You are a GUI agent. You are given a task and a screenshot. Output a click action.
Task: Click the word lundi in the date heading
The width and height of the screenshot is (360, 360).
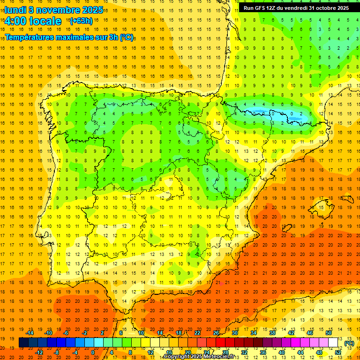pos(15,10)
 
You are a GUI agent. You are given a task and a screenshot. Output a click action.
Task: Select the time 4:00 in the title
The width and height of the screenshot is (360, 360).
pos(15,22)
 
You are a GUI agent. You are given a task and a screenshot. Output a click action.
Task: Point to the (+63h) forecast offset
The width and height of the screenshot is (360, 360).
pos(82,21)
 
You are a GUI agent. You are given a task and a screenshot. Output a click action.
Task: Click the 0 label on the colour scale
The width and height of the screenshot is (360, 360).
pos(93,352)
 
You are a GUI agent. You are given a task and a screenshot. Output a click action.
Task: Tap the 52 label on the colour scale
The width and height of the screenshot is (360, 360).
pos(337,352)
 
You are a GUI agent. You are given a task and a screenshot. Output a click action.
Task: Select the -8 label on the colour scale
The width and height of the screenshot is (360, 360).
pos(56,352)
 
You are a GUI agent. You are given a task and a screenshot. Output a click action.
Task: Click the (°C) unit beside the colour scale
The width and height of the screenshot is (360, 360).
pos(349,343)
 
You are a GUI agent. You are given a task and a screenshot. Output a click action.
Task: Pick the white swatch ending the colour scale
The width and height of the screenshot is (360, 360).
pos(333,343)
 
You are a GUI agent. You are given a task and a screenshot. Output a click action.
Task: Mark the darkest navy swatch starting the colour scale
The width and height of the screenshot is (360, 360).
pos(24,343)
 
